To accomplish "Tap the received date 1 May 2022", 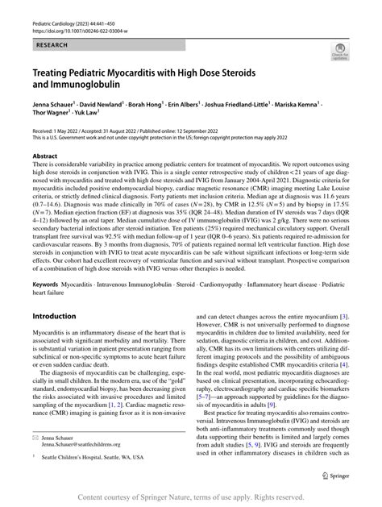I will (74, 129).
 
